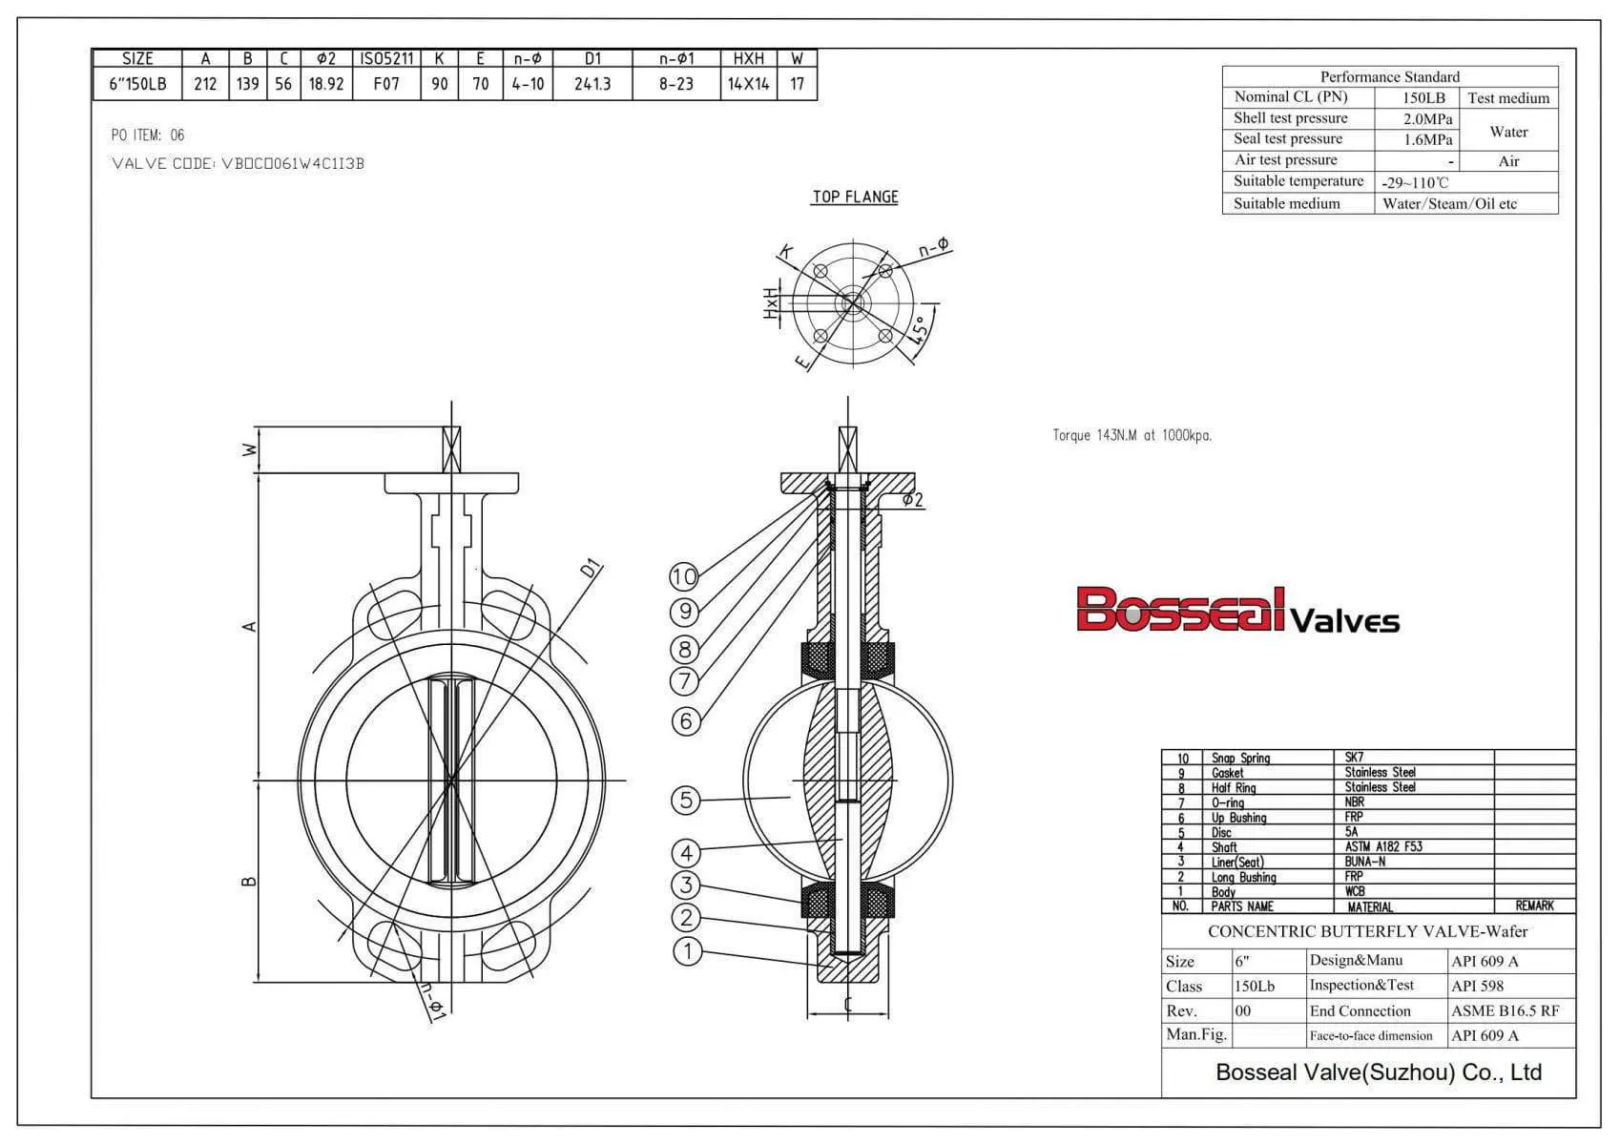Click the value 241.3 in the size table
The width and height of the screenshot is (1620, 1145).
pos(592,84)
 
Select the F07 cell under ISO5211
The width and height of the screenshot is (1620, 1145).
pos(386,84)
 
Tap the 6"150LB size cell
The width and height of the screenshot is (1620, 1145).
pos(137,84)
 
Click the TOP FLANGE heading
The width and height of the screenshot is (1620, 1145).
pos(855,198)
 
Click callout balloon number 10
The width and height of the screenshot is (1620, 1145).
pos(684,576)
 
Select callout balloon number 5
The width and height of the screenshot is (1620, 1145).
pos(685,800)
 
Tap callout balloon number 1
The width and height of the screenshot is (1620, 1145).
pos(687,950)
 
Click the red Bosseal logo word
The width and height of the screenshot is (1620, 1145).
pos(1181,611)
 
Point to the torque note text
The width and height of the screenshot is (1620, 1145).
pos(1132,435)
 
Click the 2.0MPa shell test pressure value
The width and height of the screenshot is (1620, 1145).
pos(1427,119)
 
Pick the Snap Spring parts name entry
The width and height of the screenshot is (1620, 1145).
pos(1240,758)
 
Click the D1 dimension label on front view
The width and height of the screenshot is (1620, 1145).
pos(592,570)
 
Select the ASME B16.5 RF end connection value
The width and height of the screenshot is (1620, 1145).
pos(1505,1010)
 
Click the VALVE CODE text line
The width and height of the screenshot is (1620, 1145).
pos(238,163)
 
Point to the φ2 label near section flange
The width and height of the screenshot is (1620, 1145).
pos(912,500)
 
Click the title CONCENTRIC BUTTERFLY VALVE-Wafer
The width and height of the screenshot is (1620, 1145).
pos(1367,931)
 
